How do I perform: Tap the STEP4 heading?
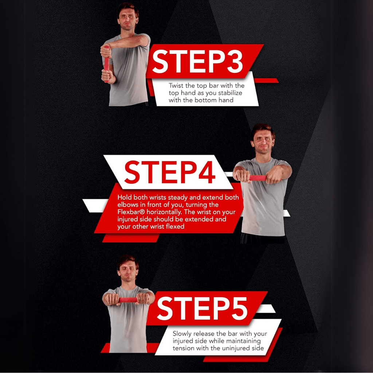[x=170, y=172]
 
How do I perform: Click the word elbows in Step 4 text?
[x=126, y=205]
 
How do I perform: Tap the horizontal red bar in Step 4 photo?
[x=258, y=178]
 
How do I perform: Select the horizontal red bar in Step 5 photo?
[x=128, y=300]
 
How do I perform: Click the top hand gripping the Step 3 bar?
[x=106, y=51]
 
